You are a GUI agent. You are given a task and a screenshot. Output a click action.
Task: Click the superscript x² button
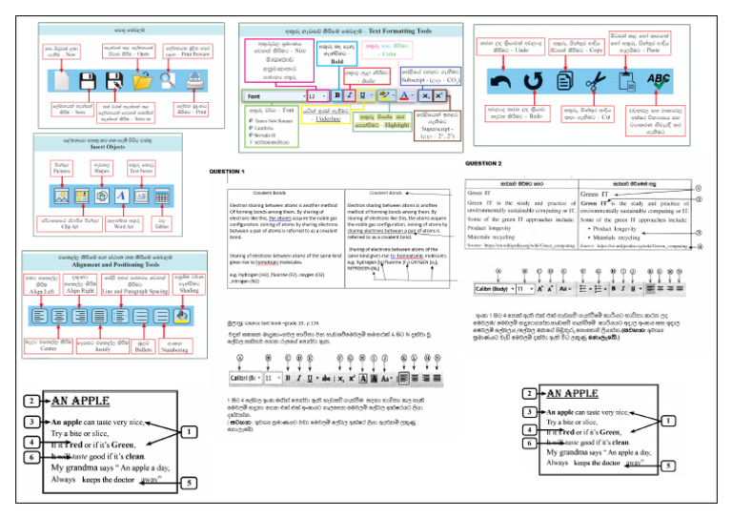[438, 96]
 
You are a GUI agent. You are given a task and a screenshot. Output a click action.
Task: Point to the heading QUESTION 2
[508, 164]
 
